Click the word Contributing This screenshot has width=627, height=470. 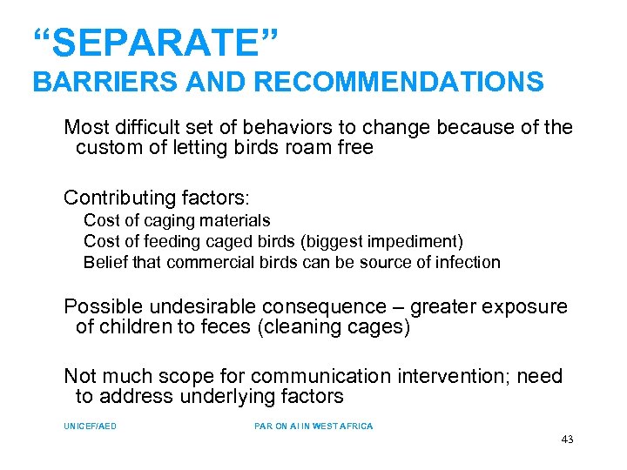pos(118,196)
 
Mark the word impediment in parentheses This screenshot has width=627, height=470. pos(421,241)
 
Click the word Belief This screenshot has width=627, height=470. pos(104,262)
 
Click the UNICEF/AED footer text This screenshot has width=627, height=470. pos(90,426)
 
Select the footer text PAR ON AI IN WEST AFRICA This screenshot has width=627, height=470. pos(313,426)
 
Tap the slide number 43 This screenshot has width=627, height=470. pos(567,440)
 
